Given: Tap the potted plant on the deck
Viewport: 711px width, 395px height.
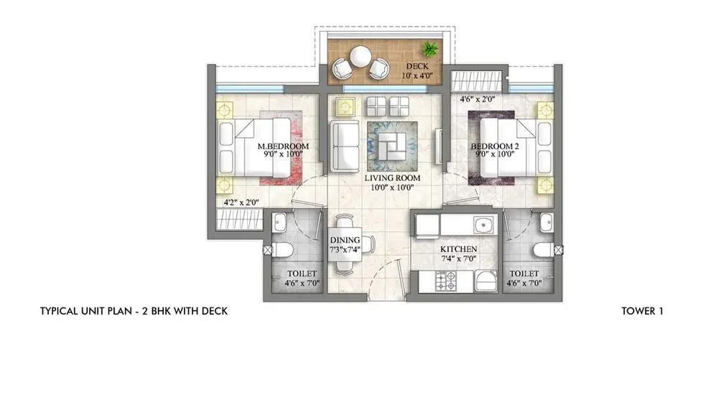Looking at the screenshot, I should tap(430, 50).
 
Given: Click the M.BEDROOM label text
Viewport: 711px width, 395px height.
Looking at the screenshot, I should tap(283, 147).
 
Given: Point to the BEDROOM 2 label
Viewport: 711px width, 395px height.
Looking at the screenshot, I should tap(493, 147).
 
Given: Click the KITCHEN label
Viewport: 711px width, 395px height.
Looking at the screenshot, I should tap(459, 248).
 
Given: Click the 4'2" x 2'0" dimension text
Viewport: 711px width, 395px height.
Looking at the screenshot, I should tap(241, 203).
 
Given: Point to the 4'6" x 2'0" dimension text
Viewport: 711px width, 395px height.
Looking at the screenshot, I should tap(479, 101).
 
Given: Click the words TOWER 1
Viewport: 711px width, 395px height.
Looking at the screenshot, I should tap(643, 311).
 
